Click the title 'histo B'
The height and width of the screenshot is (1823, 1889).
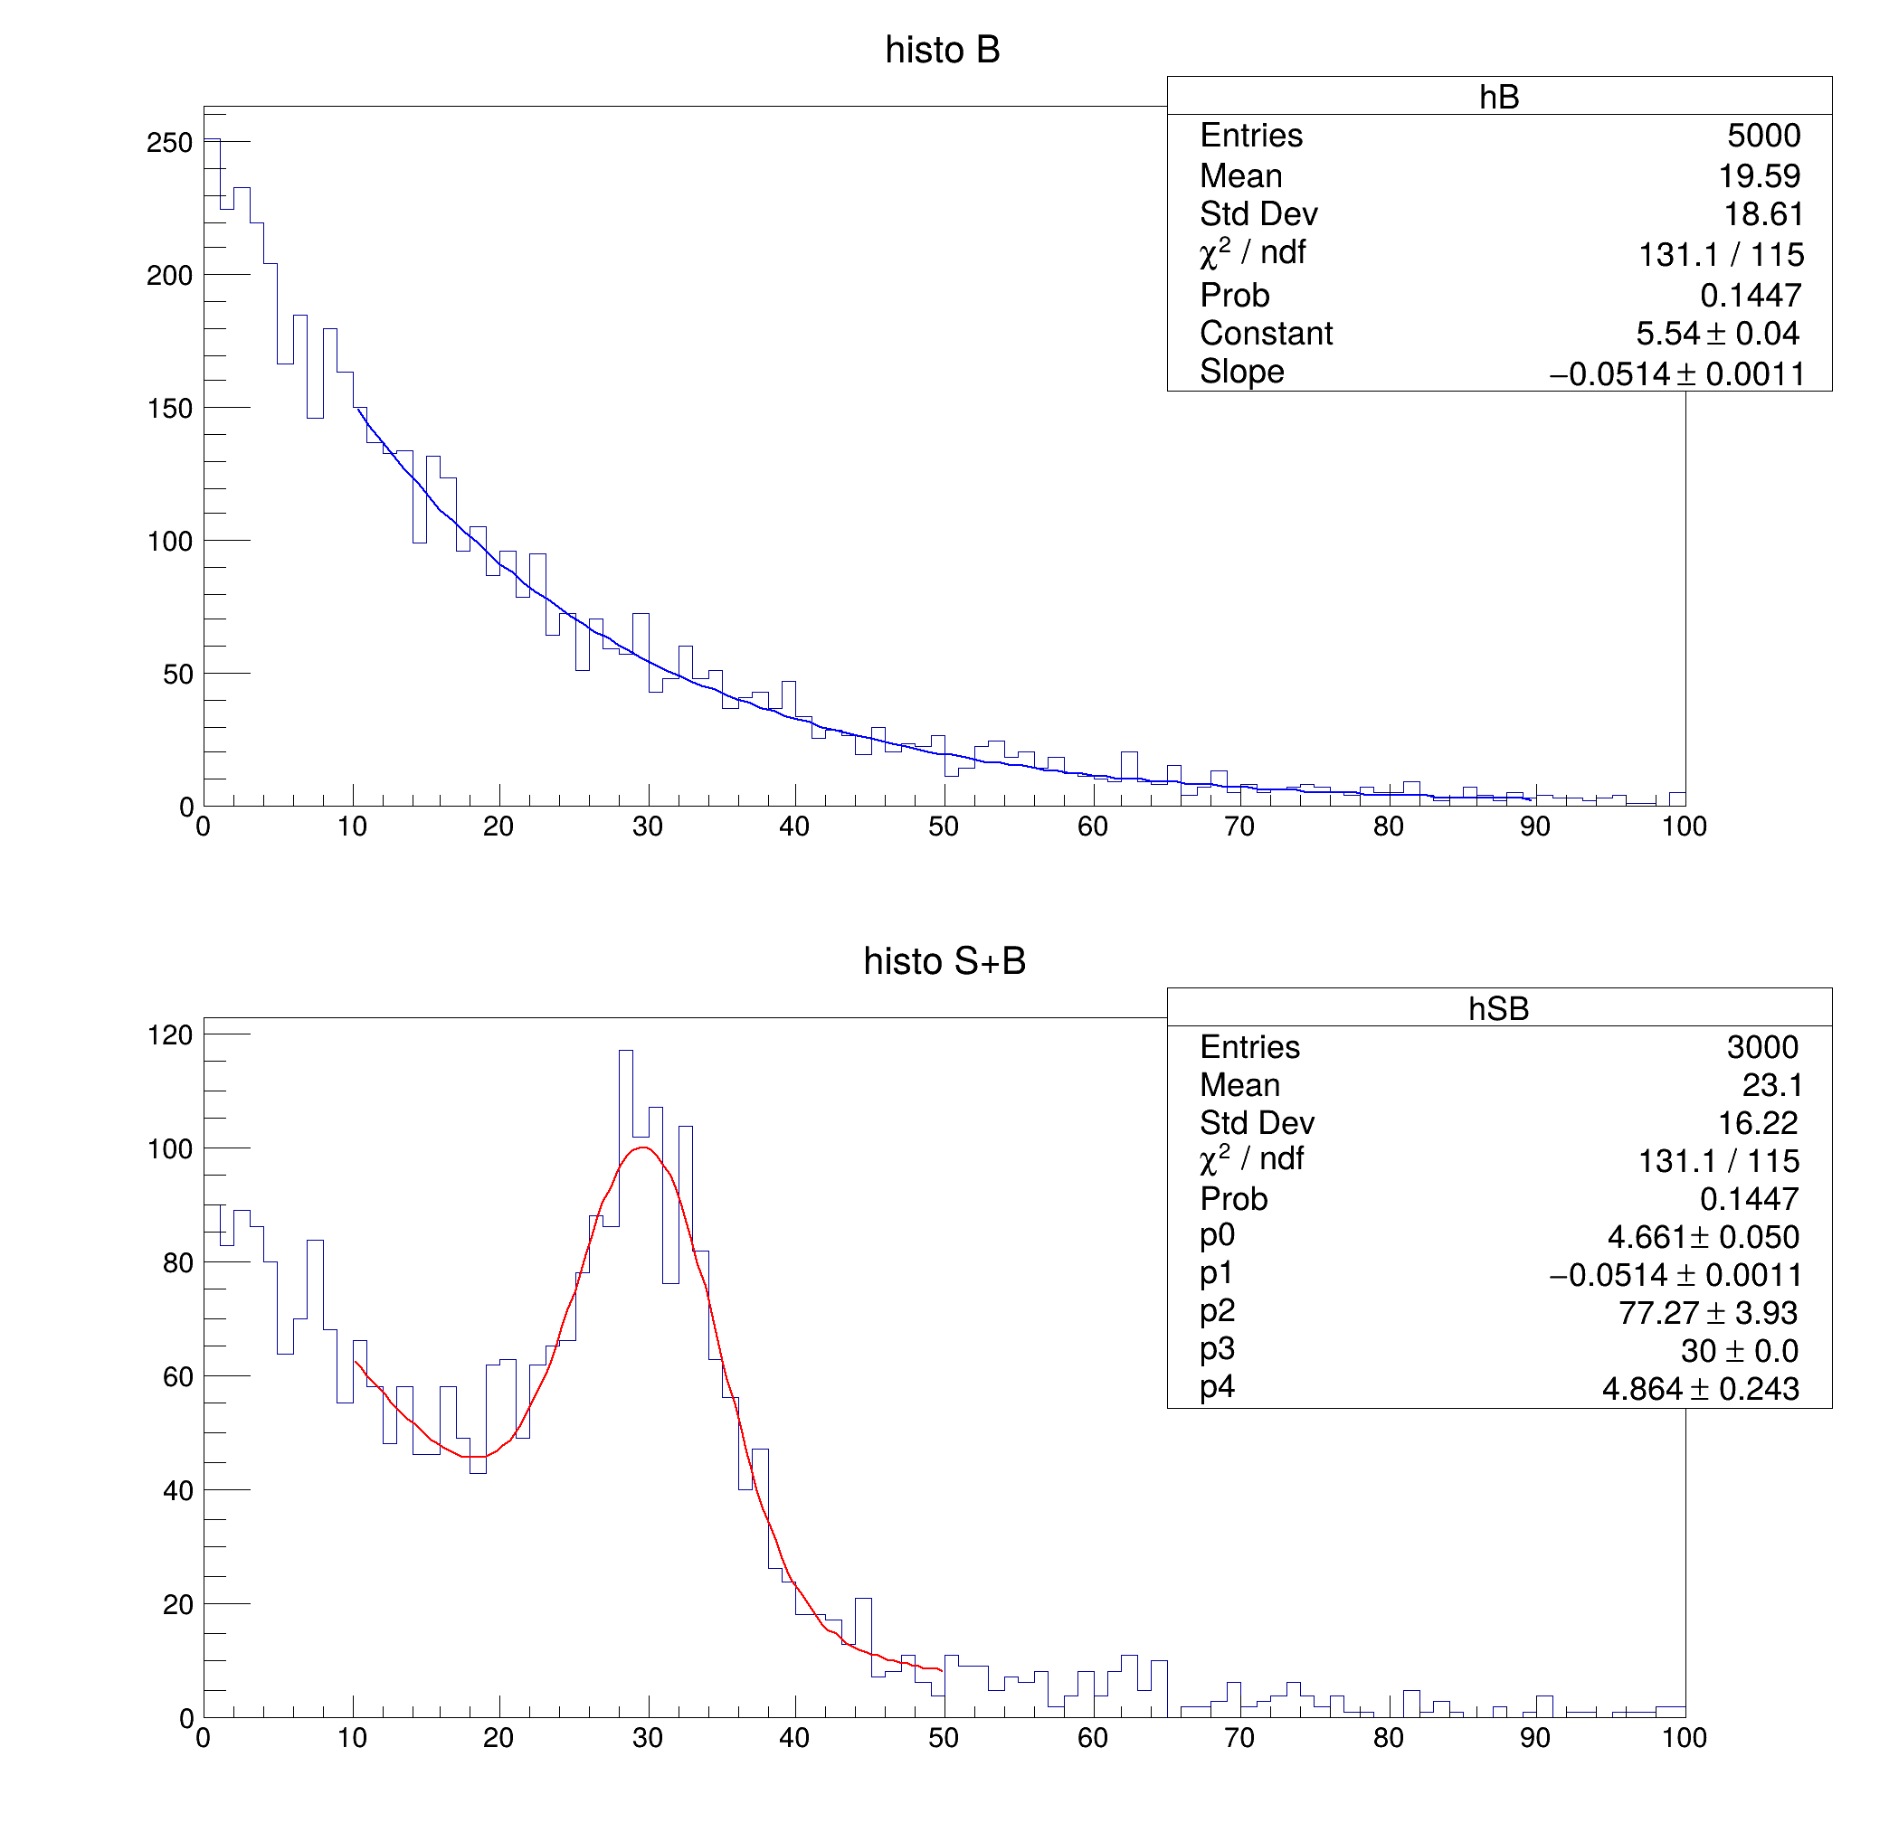[x=942, y=50]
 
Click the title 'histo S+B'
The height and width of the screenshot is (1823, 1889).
[x=944, y=961]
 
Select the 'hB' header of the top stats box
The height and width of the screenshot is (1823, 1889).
[x=1499, y=98]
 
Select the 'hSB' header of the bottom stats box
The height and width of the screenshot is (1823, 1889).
[x=1499, y=1009]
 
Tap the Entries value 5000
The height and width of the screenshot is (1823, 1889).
[x=1762, y=136]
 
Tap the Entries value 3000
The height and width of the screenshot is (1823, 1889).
[x=1761, y=1047]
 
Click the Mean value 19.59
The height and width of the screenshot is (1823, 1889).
[x=1759, y=176]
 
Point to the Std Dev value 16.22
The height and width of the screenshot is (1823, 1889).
[x=1757, y=1123]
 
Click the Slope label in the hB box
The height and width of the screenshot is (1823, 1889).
[x=1241, y=372]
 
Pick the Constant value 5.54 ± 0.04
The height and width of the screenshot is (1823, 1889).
[x=1716, y=334]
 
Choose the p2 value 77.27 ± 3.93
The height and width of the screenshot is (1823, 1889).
[x=1708, y=1313]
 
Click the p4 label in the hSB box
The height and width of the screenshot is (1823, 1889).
[x=1217, y=1387]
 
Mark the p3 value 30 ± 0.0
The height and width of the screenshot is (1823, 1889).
[x=1739, y=1351]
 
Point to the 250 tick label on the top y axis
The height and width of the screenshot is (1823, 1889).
[x=169, y=143]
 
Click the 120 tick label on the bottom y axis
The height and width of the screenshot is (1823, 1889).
[x=169, y=1035]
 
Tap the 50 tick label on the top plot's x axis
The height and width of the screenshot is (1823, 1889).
[x=944, y=826]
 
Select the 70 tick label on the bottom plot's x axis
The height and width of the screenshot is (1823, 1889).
[x=1239, y=1738]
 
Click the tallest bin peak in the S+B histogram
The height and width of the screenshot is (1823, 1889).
[x=625, y=1052]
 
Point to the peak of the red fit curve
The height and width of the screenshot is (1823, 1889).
[x=643, y=1148]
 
